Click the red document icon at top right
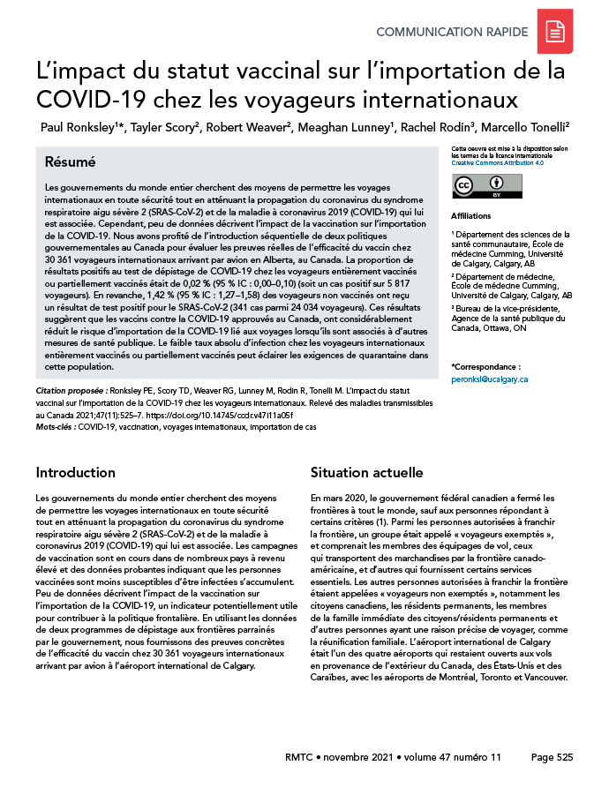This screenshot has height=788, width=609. tap(555, 33)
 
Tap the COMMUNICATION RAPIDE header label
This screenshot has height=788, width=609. tap(452, 33)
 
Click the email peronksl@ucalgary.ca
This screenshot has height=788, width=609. tap(489, 379)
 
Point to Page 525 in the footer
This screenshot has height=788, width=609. tap(553, 757)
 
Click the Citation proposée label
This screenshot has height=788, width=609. tap(71, 389)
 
